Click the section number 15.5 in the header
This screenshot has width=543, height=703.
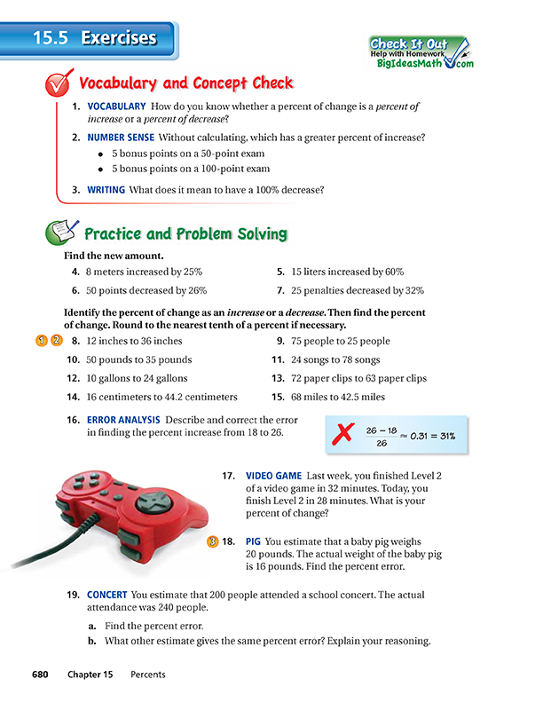51,38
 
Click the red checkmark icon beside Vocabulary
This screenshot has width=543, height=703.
59,85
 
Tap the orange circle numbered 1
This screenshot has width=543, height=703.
42,341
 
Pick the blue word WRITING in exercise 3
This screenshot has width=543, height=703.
106,189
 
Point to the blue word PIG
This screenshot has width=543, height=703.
254,541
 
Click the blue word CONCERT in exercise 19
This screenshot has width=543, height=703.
107,593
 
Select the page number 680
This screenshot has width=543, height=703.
43,675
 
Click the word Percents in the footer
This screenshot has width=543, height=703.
147,675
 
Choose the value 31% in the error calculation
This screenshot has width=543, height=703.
450,436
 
